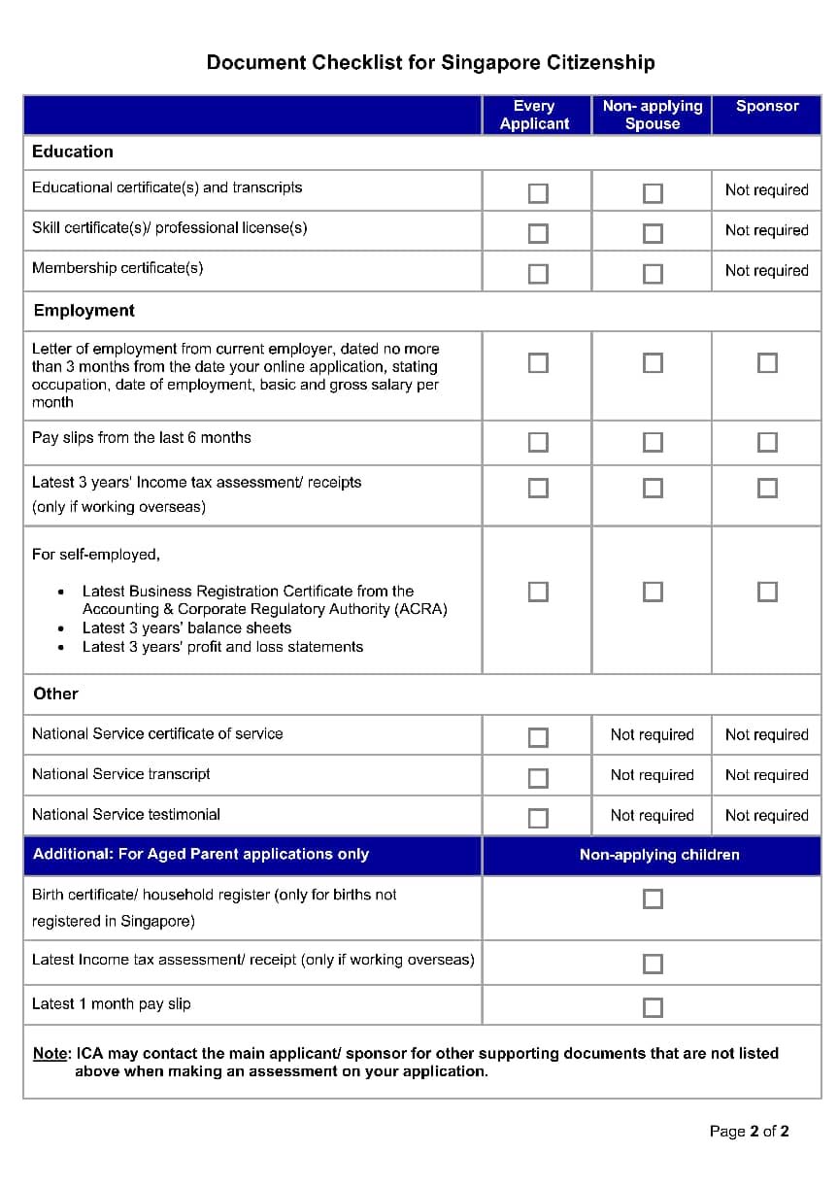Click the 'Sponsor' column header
pos(766,106)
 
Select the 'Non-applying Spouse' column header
pos(652,115)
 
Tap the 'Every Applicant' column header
pos(534,115)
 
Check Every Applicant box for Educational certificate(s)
pos(538,193)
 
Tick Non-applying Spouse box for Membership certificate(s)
pos(654,274)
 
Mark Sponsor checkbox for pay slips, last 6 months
pos(767,442)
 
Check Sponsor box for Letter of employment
pos(767,362)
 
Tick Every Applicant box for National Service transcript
pos(538,778)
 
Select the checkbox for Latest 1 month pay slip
pos(654,1007)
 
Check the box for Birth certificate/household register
pos(654,898)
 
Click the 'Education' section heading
pos(73,152)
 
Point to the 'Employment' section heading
pos(84,311)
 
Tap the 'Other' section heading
pos(55,694)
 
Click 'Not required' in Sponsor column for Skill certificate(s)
pos(766,230)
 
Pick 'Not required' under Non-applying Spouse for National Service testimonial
pos(652,815)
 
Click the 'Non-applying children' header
pos(659,855)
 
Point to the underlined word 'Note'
pos(50,1053)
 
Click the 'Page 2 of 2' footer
pos(749,1131)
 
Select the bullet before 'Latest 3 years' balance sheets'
pos(62,628)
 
